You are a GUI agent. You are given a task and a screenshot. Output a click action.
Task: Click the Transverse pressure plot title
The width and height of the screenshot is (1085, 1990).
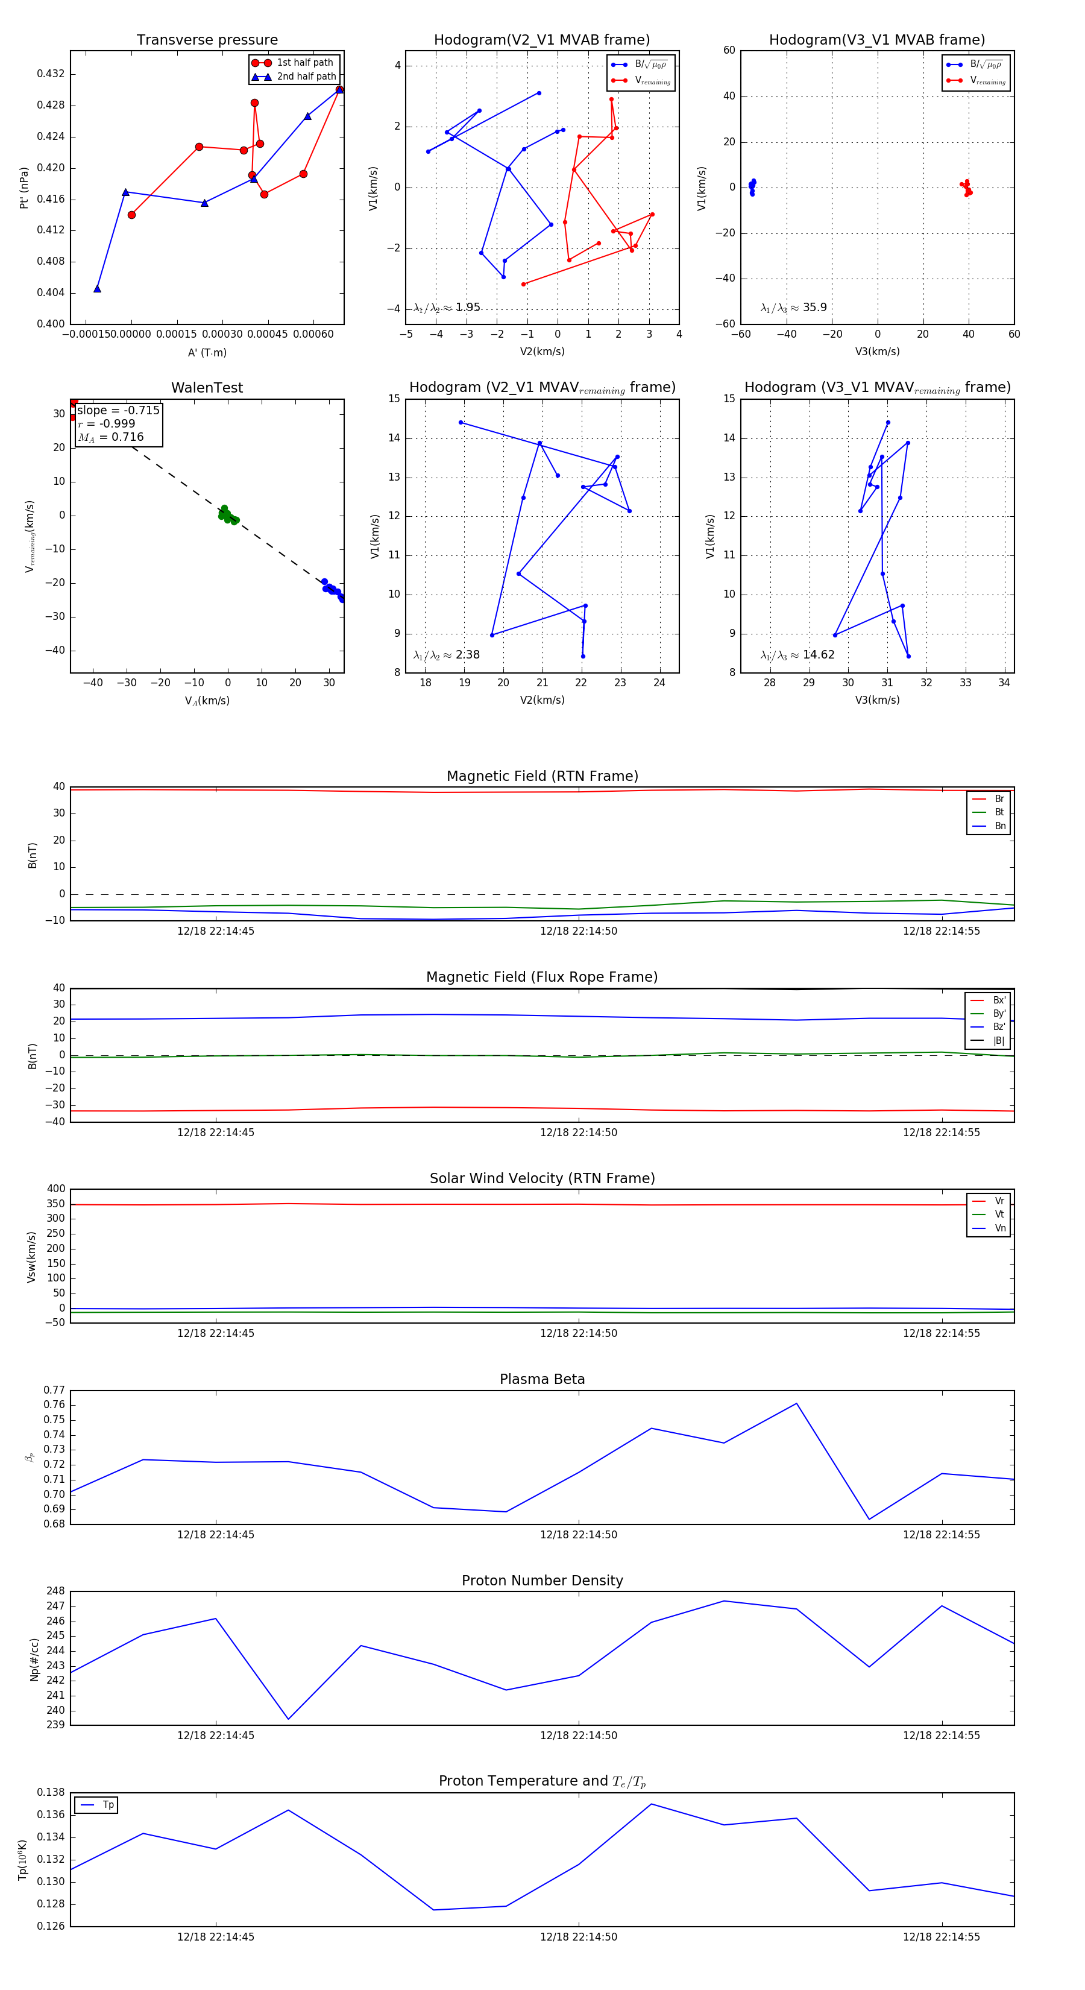(x=207, y=40)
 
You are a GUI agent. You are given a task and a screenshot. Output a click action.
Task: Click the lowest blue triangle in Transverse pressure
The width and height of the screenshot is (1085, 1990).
(x=97, y=289)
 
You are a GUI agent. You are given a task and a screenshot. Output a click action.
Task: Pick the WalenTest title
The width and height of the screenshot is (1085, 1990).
(x=207, y=388)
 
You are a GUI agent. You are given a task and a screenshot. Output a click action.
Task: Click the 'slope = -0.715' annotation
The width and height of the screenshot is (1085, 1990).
(x=118, y=410)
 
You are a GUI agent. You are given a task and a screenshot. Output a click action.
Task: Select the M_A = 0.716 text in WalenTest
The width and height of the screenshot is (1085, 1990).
(x=110, y=437)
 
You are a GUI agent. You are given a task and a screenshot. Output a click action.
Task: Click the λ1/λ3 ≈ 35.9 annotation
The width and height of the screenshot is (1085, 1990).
(x=793, y=308)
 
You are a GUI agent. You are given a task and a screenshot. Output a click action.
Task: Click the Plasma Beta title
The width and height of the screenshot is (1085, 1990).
(x=542, y=1379)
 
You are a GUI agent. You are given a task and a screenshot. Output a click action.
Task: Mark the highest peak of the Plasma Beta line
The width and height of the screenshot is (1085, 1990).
(x=796, y=1404)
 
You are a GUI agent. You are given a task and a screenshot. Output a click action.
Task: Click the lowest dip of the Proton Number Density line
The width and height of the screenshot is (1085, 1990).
(x=288, y=1720)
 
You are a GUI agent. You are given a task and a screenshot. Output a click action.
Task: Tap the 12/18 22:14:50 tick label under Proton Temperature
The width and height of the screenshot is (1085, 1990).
(x=579, y=1937)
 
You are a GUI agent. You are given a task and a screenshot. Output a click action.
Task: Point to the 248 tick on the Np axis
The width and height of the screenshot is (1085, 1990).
(x=55, y=1591)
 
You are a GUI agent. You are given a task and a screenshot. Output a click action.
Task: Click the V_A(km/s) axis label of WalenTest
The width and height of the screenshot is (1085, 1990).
(x=207, y=701)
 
